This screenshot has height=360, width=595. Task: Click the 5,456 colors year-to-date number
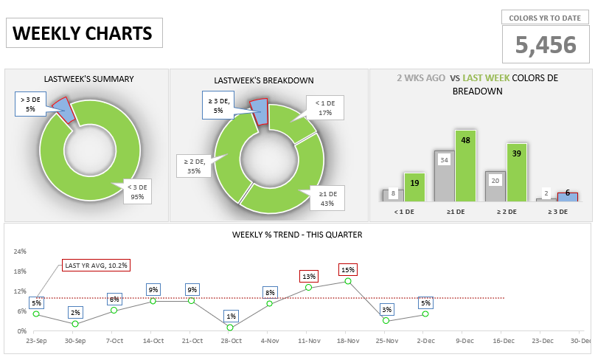(546, 45)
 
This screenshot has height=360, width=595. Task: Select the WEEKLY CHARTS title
(83, 33)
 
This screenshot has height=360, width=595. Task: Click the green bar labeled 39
(517, 172)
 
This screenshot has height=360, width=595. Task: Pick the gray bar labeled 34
(444, 177)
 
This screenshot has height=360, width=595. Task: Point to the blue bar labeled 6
(567, 196)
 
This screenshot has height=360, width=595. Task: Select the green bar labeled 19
(414, 187)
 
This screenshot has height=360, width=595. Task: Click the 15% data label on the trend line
(348, 269)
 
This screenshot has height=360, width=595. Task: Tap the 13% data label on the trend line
(308, 276)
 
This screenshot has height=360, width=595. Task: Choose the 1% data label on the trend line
(231, 316)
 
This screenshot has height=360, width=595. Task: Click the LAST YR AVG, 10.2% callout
(91, 265)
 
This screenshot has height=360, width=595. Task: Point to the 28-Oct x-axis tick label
(231, 341)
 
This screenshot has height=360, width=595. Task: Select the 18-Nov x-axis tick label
(347, 341)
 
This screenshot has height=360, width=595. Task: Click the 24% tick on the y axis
(20, 252)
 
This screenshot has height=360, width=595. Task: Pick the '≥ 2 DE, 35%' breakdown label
(194, 165)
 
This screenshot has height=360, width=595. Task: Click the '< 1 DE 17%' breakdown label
(325, 108)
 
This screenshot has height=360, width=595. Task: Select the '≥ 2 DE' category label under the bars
(506, 212)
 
